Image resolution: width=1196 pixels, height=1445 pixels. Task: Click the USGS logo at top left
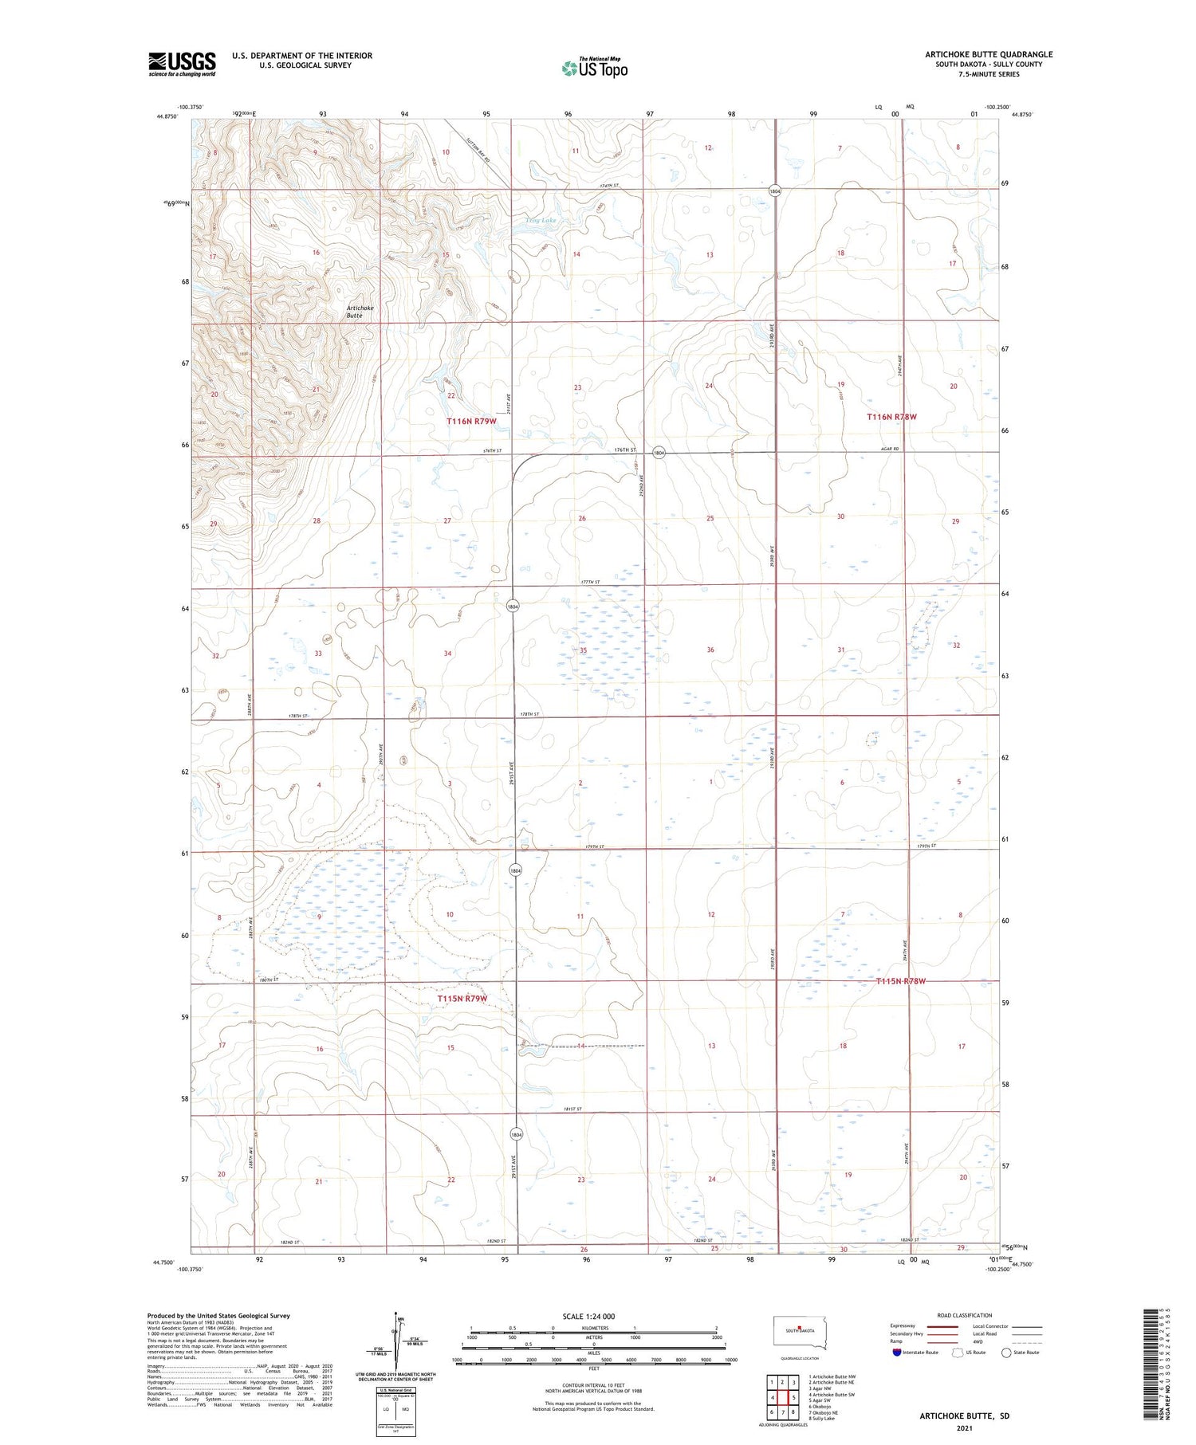coord(181,64)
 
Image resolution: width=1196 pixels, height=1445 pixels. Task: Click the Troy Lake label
coord(541,220)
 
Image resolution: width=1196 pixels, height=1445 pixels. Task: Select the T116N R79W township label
coord(471,421)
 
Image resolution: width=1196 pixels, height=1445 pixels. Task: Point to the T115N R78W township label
coord(901,981)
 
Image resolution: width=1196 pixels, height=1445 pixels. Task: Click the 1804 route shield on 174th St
coord(774,190)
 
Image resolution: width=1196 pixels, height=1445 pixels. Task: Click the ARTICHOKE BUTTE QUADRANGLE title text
coord(989,54)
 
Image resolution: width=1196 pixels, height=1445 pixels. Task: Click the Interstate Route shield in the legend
coord(897,1352)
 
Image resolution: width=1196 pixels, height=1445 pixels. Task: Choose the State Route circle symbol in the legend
coord(1006,1352)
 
